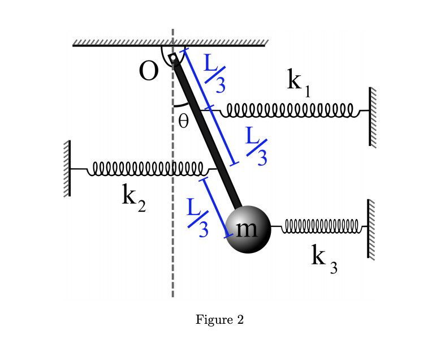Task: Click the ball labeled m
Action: point(248,229)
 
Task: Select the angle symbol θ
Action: point(183,121)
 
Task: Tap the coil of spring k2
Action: point(147,168)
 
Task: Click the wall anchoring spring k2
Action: point(67,168)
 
